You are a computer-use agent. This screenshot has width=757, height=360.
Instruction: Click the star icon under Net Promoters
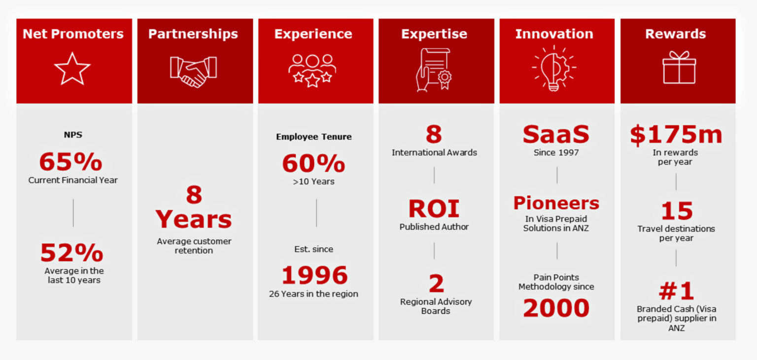[72, 69]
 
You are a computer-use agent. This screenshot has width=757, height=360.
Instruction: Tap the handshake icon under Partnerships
[193, 71]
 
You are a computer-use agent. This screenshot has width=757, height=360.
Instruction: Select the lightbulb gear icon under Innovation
[554, 69]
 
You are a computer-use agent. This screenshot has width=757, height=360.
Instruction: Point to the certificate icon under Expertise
[434, 70]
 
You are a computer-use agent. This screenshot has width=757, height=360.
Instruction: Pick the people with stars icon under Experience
[312, 70]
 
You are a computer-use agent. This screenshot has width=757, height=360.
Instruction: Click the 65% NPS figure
[71, 162]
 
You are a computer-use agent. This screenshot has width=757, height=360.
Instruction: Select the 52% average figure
[72, 253]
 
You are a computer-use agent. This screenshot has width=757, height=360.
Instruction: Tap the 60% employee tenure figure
[313, 163]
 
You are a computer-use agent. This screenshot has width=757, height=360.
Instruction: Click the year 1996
[314, 276]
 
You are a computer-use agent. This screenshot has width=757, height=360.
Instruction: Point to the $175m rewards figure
[676, 135]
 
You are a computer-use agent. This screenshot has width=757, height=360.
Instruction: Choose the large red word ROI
[434, 209]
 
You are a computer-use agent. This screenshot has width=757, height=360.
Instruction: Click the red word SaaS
[556, 135]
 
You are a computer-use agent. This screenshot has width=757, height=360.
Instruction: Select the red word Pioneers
[556, 203]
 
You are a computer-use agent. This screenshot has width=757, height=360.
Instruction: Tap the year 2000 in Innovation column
[556, 308]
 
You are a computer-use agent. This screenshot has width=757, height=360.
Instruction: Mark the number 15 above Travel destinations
[677, 212]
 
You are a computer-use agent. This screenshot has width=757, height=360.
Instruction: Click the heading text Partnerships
[193, 34]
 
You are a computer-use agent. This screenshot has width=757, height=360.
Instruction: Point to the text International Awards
[434, 152]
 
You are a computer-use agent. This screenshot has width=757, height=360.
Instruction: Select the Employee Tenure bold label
[314, 137]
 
